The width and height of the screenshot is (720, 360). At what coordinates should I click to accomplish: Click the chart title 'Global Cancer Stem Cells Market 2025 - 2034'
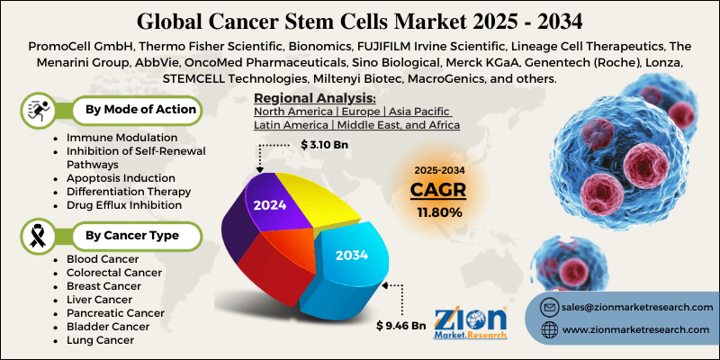[x=360, y=19]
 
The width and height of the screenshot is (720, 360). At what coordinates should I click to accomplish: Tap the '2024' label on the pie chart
[x=270, y=204]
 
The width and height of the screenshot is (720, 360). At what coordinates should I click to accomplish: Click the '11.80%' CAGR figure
[x=439, y=212]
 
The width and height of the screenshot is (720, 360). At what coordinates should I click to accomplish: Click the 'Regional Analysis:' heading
[x=314, y=97]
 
